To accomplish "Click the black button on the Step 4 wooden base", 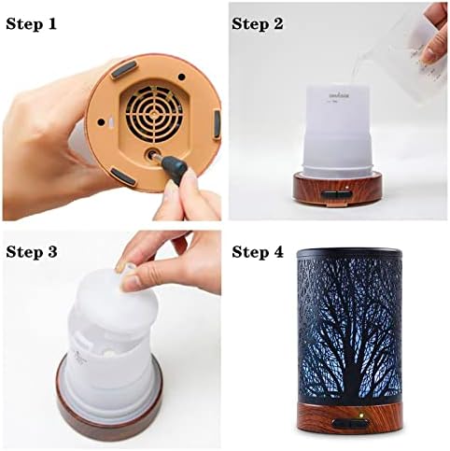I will (x=353, y=428).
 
